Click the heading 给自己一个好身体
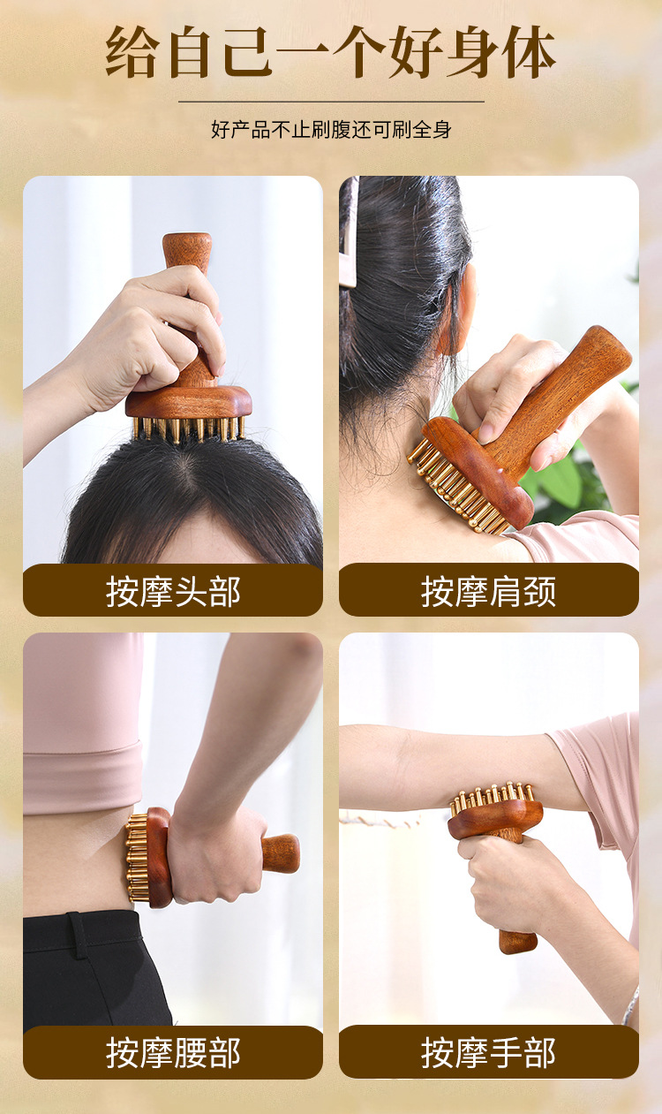point(330,52)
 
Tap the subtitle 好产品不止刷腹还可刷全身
point(331,130)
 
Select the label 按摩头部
point(173,592)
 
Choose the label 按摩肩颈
point(488,592)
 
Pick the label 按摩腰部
point(173,1053)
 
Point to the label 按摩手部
point(488,1053)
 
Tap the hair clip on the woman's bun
point(350,234)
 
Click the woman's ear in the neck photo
point(456,308)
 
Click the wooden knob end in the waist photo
point(282,853)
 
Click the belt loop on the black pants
point(77,936)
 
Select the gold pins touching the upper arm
point(491,794)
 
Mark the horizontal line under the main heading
point(331,102)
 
